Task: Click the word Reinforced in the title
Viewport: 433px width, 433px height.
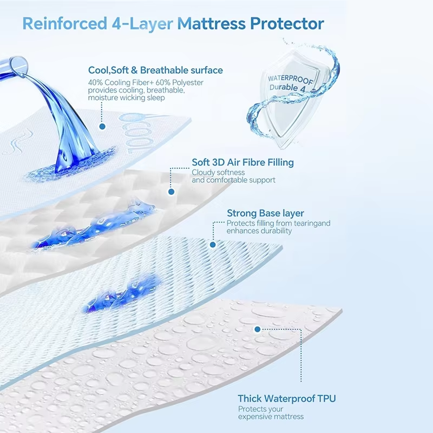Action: click(x=64, y=23)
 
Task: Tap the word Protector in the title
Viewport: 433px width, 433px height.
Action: click(x=287, y=23)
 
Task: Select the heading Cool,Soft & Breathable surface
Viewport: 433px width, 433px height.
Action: click(x=155, y=70)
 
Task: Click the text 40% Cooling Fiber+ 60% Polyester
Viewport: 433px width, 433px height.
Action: click(x=146, y=83)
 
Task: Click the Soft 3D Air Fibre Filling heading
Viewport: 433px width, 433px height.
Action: click(x=242, y=162)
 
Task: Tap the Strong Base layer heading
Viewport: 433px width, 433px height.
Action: click(x=265, y=213)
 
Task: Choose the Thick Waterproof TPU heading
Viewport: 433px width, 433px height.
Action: click(x=287, y=398)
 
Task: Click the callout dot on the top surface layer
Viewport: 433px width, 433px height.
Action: click(x=102, y=127)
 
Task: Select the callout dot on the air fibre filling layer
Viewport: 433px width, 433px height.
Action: click(x=171, y=192)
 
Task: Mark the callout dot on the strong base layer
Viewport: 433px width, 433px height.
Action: click(x=213, y=245)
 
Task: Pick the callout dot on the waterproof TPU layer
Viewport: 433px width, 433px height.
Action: click(x=258, y=329)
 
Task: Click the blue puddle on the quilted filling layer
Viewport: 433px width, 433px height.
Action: click(x=94, y=225)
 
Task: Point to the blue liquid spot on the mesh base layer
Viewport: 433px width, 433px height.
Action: click(x=121, y=294)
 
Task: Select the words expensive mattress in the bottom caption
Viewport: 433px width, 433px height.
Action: click(x=271, y=416)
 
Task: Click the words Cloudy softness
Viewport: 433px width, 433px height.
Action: click(x=218, y=173)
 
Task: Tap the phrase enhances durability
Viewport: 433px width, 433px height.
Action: click(x=259, y=231)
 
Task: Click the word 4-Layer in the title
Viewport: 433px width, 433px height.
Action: click(x=142, y=24)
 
